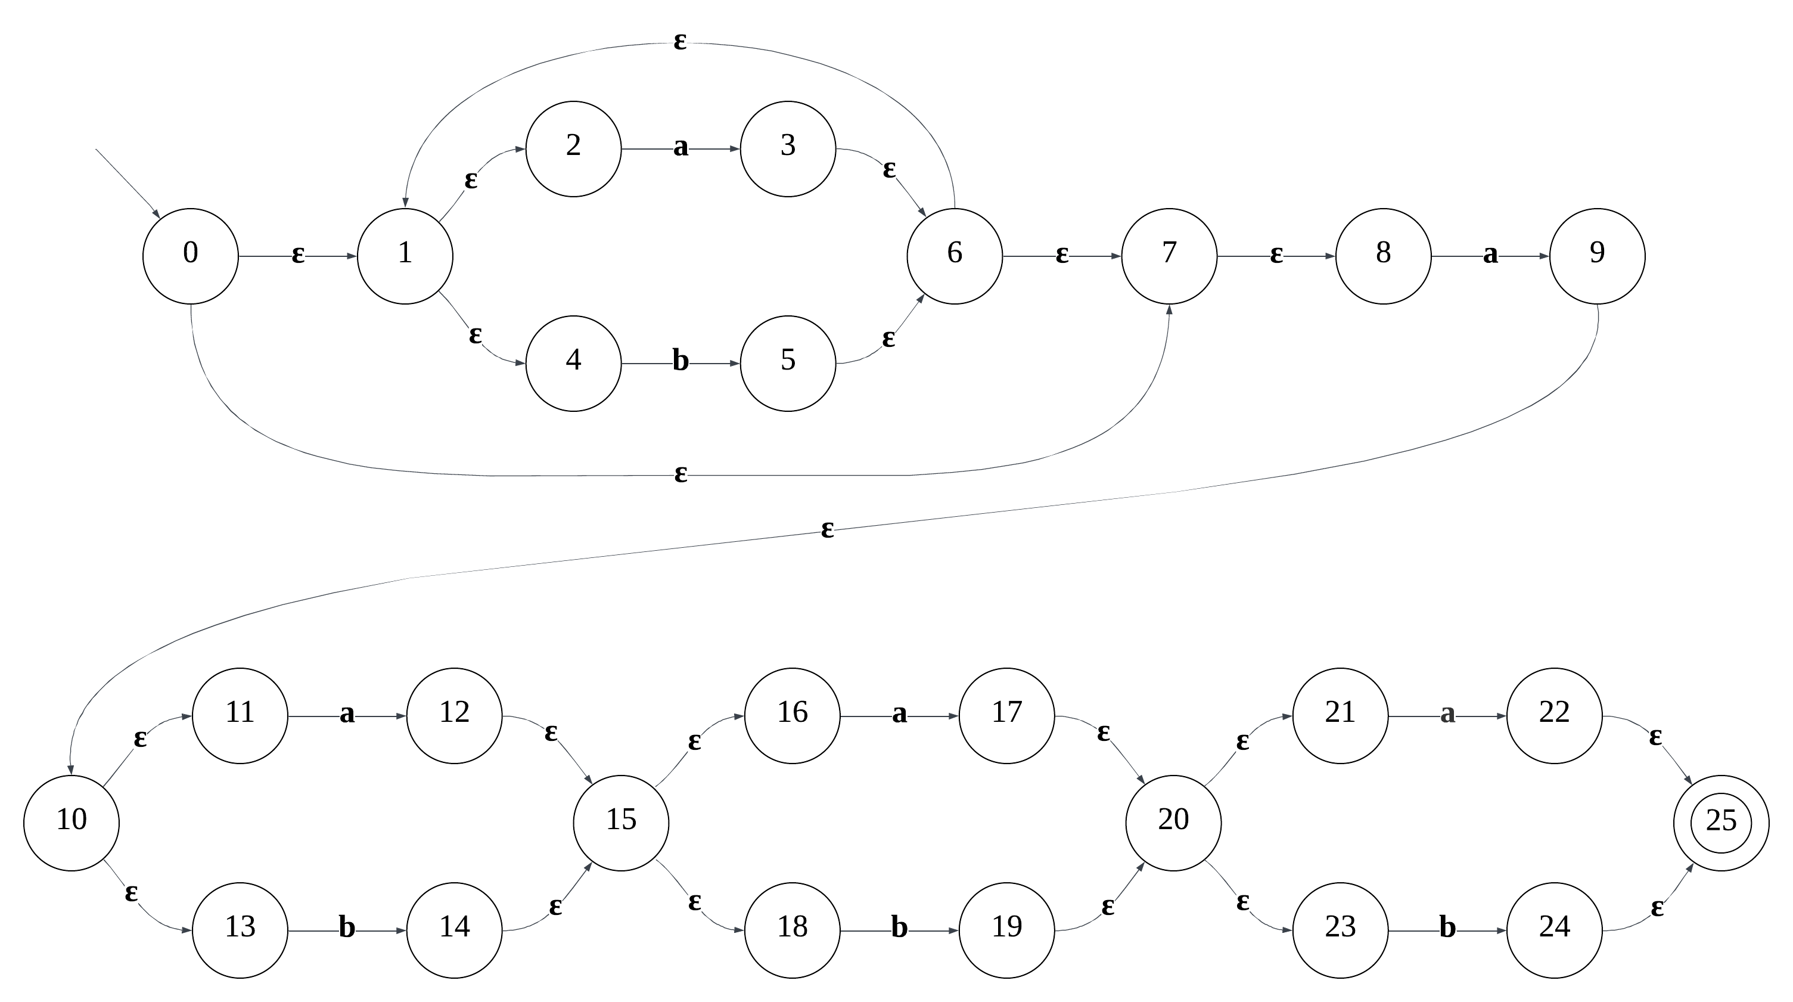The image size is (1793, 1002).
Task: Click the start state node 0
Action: coord(190,256)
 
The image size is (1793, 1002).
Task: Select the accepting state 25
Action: coord(1721,823)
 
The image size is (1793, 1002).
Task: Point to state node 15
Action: coord(621,823)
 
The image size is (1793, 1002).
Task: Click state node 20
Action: coord(1173,823)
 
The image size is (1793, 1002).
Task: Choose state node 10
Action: coord(71,823)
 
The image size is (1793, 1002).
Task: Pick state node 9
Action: coord(1597,256)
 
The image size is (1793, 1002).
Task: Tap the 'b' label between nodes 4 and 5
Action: coord(680,361)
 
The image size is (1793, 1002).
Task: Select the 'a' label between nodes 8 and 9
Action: coord(1490,256)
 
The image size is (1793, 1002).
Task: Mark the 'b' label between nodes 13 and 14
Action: coord(347,928)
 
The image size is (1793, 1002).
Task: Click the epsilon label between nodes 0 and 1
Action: coord(297,256)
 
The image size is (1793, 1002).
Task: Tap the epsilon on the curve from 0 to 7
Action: coord(680,475)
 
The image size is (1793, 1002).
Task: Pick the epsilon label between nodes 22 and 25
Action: coord(1655,737)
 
